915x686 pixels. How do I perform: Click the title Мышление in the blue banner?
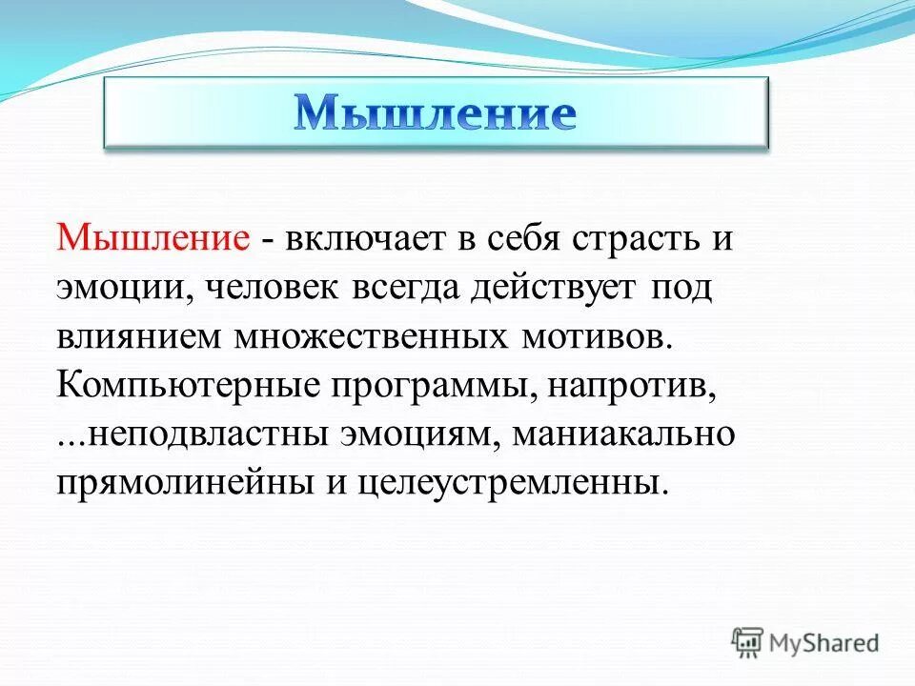click(435, 113)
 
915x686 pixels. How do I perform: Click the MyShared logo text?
click(823, 643)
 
